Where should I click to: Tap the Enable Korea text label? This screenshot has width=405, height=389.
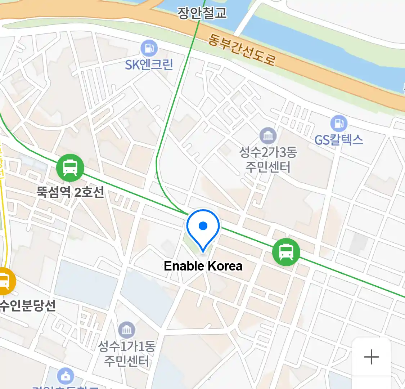[203, 266]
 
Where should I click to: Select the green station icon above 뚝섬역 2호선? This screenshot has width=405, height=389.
[70, 167]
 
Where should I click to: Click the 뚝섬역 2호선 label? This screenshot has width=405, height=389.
[70, 192]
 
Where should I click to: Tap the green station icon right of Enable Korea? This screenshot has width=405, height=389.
[286, 252]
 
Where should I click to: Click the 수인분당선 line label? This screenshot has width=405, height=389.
[28, 305]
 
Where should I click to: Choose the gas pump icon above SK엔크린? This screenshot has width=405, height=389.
[149, 48]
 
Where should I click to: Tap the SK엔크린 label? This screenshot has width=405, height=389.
[149, 64]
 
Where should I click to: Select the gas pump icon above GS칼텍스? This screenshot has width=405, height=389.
[339, 124]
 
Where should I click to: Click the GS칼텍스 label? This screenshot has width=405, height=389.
[339, 139]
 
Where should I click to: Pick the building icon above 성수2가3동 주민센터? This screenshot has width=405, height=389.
[268, 136]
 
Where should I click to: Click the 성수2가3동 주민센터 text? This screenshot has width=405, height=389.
[268, 160]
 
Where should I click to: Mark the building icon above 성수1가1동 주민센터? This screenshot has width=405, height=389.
[127, 330]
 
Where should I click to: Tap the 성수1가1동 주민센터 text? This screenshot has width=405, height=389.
[127, 353]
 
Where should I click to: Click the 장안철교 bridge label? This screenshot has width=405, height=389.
[202, 13]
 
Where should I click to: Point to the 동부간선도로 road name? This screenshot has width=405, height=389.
[242, 50]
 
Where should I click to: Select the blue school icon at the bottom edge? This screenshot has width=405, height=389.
[66, 376]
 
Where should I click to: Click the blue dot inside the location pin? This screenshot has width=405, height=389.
[203, 226]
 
